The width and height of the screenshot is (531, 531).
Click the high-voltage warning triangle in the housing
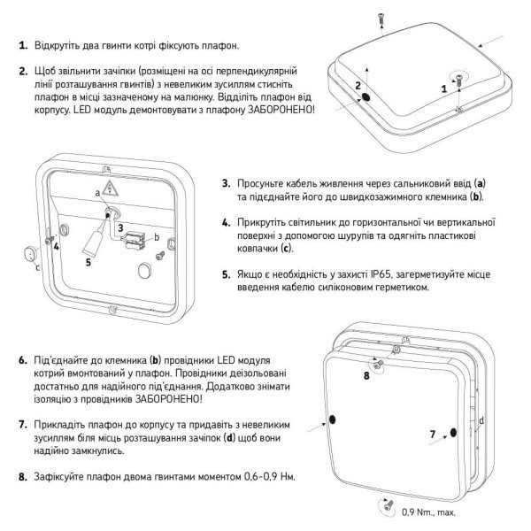tap(110, 188)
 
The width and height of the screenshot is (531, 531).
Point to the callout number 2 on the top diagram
tap(358, 86)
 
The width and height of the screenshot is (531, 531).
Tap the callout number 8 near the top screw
tap(367, 375)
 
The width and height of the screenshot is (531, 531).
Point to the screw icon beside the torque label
tap(387, 505)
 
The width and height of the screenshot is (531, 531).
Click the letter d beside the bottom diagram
tap(481, 419)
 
